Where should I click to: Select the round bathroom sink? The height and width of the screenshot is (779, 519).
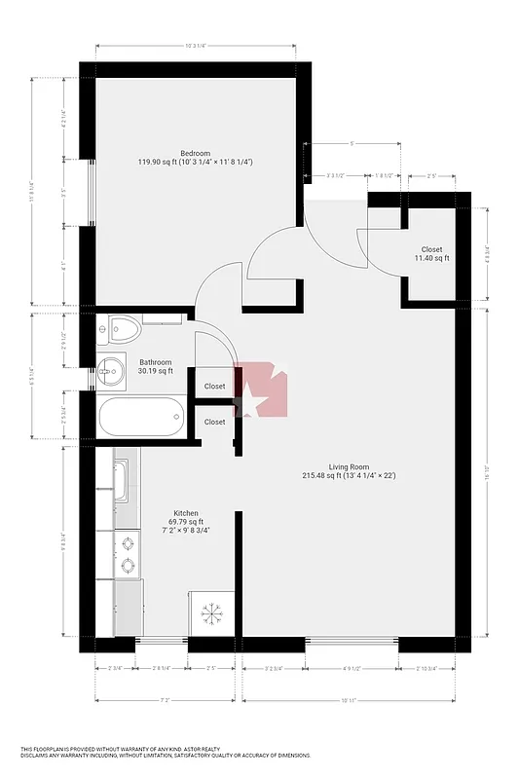(x=111, y=371)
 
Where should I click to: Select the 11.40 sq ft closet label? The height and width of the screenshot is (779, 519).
(x=431, y=253)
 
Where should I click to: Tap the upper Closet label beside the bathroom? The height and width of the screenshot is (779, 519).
(x=214, y=387)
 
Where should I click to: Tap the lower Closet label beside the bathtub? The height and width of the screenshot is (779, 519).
(x=214, y=422)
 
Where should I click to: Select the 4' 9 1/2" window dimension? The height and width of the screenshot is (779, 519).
(x=351, y=668)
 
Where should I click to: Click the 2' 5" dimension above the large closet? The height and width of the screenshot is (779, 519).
(x=431, y=176)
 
